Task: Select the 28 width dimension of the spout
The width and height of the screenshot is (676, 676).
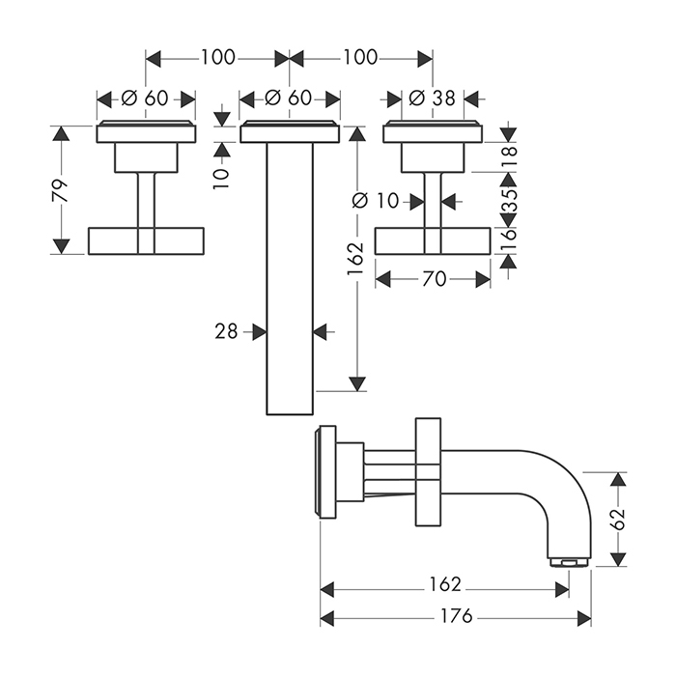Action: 225,331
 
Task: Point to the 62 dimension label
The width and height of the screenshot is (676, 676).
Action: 620,519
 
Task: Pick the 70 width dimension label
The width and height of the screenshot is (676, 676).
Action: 434,279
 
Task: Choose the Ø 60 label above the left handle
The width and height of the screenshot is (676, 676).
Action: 146,99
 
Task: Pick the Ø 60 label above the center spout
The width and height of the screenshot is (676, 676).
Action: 289,99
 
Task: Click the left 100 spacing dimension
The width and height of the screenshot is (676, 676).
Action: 217,58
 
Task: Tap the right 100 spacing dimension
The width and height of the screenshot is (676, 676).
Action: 360,58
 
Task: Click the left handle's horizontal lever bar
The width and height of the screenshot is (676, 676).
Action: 146,241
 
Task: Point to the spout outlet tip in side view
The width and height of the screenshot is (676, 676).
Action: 568,560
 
